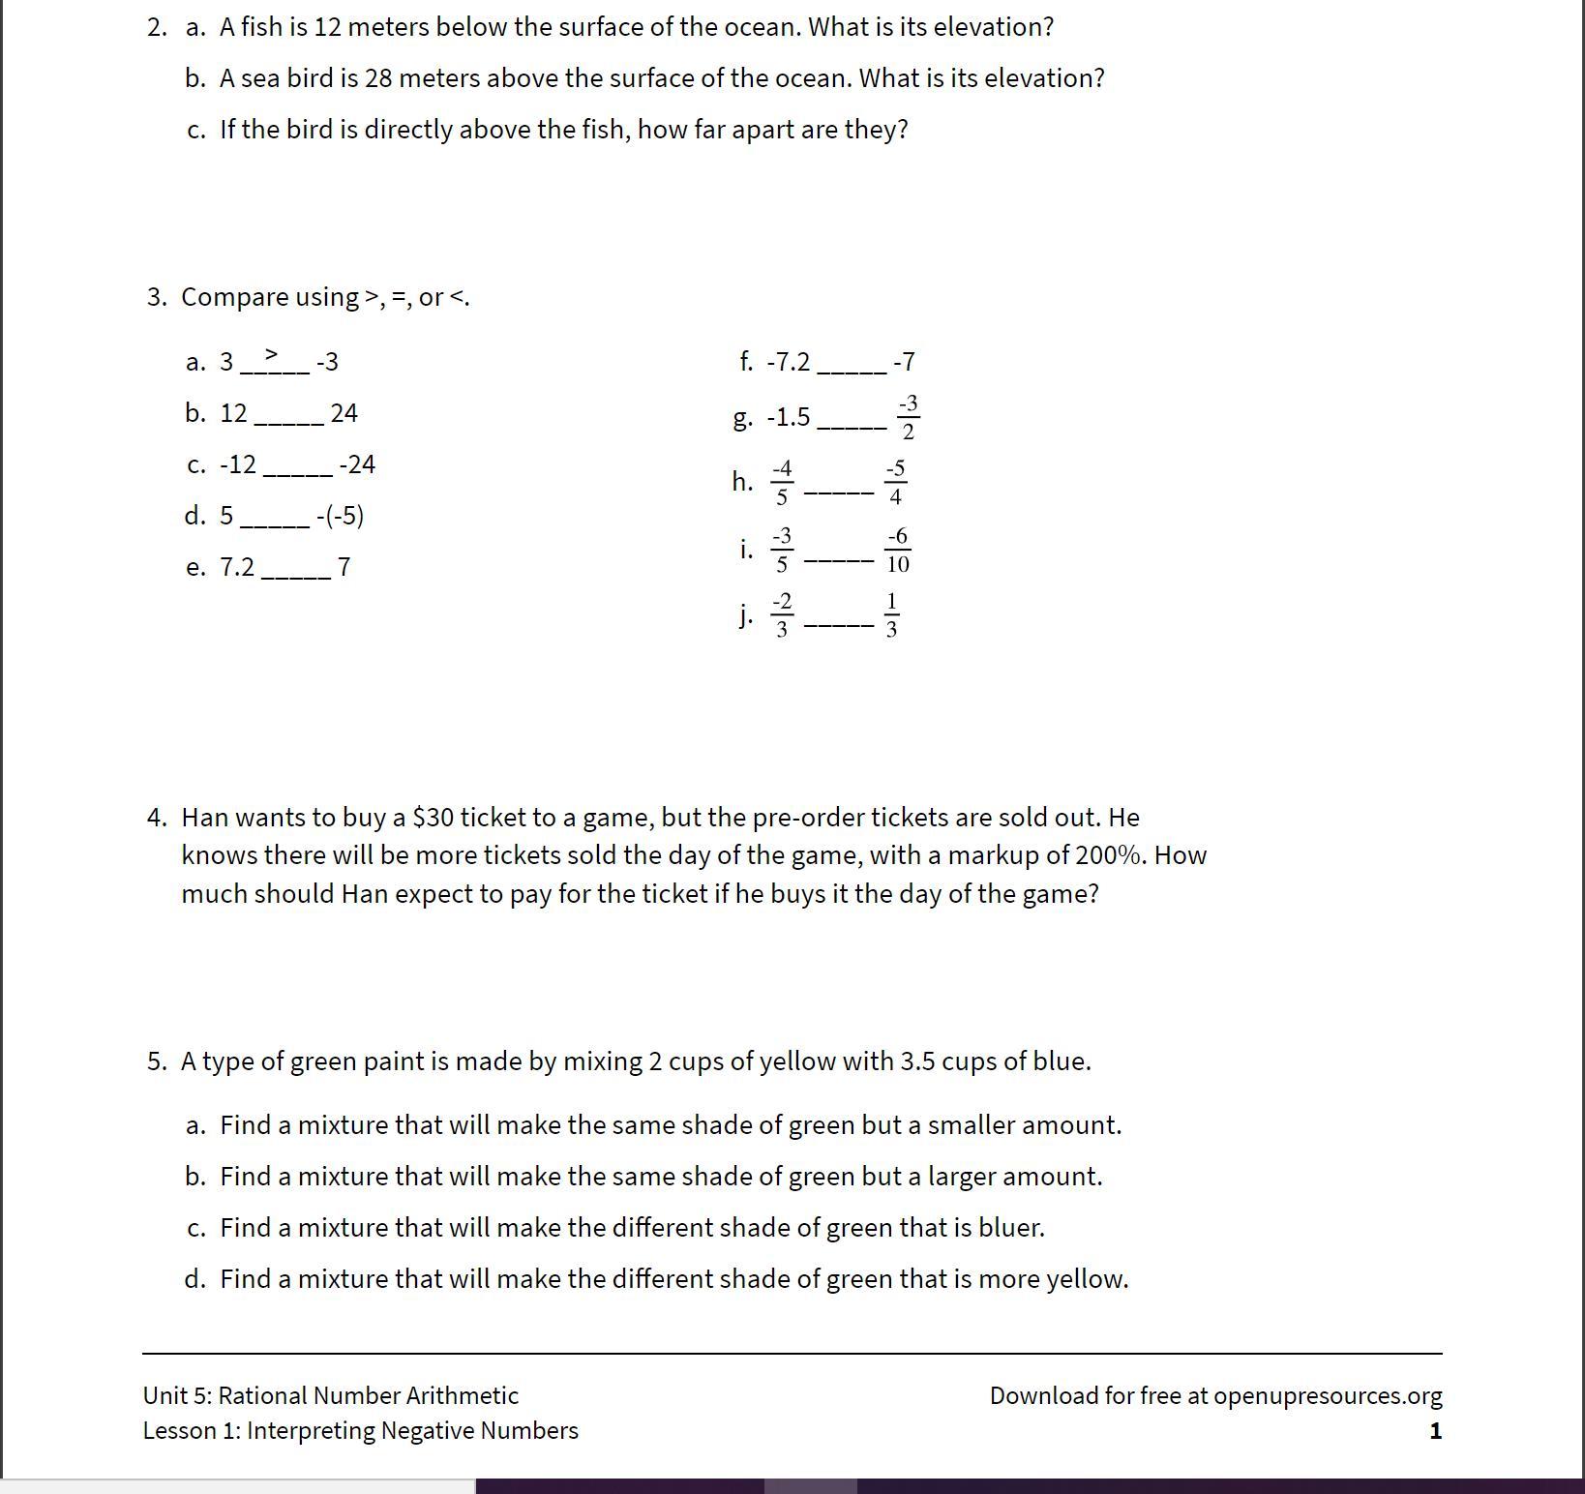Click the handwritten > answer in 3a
271,354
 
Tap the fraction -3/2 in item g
908,417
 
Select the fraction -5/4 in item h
895,483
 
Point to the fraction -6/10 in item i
897,550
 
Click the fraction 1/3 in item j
891,615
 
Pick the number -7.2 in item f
788,362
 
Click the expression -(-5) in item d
340,516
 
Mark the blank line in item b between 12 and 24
288,421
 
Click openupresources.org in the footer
1327,1395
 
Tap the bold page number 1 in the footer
1435,1431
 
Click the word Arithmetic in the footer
462,1395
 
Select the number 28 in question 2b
378,78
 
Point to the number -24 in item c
357,464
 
